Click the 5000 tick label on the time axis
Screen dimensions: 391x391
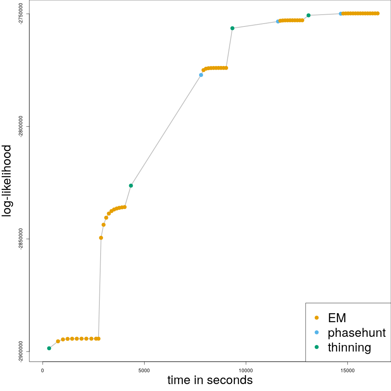tap(144, 370)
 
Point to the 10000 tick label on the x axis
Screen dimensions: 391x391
tap(246, 370)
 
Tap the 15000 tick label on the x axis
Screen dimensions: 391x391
tap(347, 370)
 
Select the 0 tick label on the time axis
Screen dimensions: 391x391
tap(43, 370)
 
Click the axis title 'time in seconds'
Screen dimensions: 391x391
tap(210, 380)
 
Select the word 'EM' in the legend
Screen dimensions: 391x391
tap(337, 318)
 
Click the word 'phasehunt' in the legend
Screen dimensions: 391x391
tap(356, 333)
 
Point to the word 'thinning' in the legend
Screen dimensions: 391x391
tap(349, 347)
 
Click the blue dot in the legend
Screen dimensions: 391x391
tap(317, 332)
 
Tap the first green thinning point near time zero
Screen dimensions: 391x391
tap(49, 348)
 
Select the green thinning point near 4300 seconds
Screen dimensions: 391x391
tap(131, 186)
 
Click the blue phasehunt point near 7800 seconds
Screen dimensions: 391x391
tap(201, 75)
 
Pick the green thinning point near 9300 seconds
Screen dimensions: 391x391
tap(232, 28)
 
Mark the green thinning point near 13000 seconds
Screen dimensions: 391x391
tap(309, 15)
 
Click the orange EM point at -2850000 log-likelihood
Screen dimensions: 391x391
tap(101, 238)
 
